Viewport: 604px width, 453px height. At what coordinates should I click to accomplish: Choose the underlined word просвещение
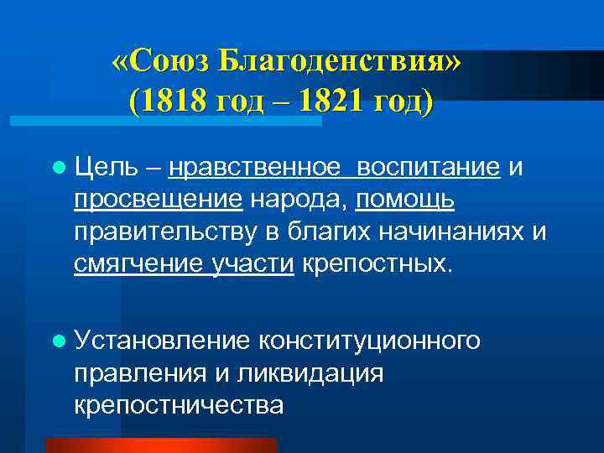click(158, 200)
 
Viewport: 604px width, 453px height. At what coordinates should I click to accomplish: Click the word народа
click(299, 200)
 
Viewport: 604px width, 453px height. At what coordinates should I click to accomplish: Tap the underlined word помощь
click(405, 200)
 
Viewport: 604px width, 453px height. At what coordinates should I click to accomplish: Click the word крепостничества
click(179, 405)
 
